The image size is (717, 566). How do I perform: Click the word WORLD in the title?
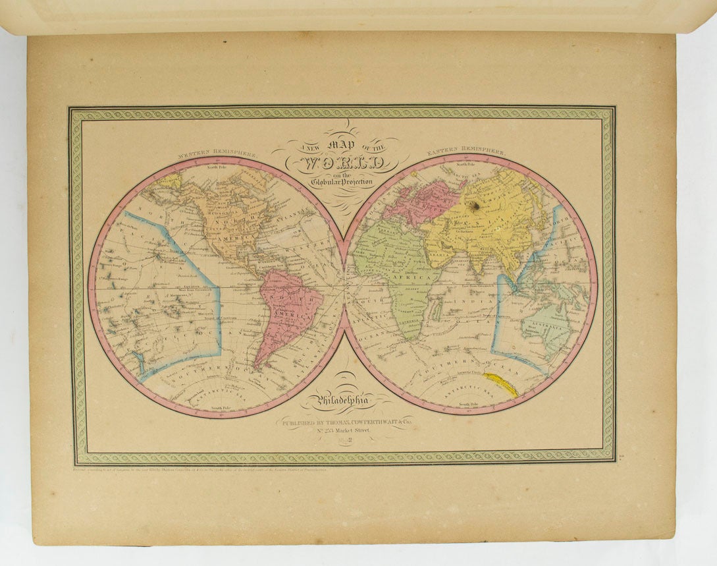pos(337,164)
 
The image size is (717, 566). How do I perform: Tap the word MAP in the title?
pos(336,146)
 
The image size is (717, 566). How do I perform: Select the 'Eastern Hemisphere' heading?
pos(466,152)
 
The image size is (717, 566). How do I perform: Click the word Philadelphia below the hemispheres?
pos(345,400)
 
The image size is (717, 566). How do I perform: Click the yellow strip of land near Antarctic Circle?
pos(500,384)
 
